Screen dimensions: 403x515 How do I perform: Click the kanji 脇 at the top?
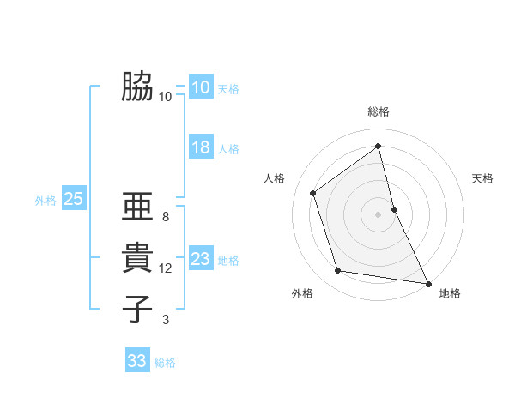[137, 87]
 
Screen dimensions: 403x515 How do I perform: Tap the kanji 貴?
[137, 258]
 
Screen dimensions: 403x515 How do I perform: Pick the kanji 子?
[137, 310]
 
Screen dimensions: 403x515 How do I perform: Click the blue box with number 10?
[200, 87]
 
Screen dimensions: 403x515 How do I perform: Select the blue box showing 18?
[200, 147]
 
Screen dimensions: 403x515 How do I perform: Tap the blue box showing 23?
[200, 259]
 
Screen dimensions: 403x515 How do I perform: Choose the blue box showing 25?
[73, 200]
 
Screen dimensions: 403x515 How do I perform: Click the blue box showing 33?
[136, 361]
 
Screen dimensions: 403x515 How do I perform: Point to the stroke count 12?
[166, 268]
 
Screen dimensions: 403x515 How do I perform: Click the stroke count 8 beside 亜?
[166, 217]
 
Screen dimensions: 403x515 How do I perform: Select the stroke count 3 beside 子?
[166, 320]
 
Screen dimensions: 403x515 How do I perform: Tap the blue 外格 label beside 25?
[45, 201]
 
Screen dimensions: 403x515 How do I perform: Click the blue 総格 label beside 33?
[165, 363]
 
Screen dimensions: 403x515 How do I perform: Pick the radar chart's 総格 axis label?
[379, 111]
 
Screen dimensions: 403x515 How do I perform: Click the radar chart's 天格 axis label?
[482, 178]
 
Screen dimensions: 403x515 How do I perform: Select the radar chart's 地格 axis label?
[450, 293]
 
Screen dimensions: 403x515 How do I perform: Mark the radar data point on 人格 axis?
[313, 193]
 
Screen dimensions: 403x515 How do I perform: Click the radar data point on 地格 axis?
[427, 283]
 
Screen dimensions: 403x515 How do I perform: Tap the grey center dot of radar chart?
[379, 214]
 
